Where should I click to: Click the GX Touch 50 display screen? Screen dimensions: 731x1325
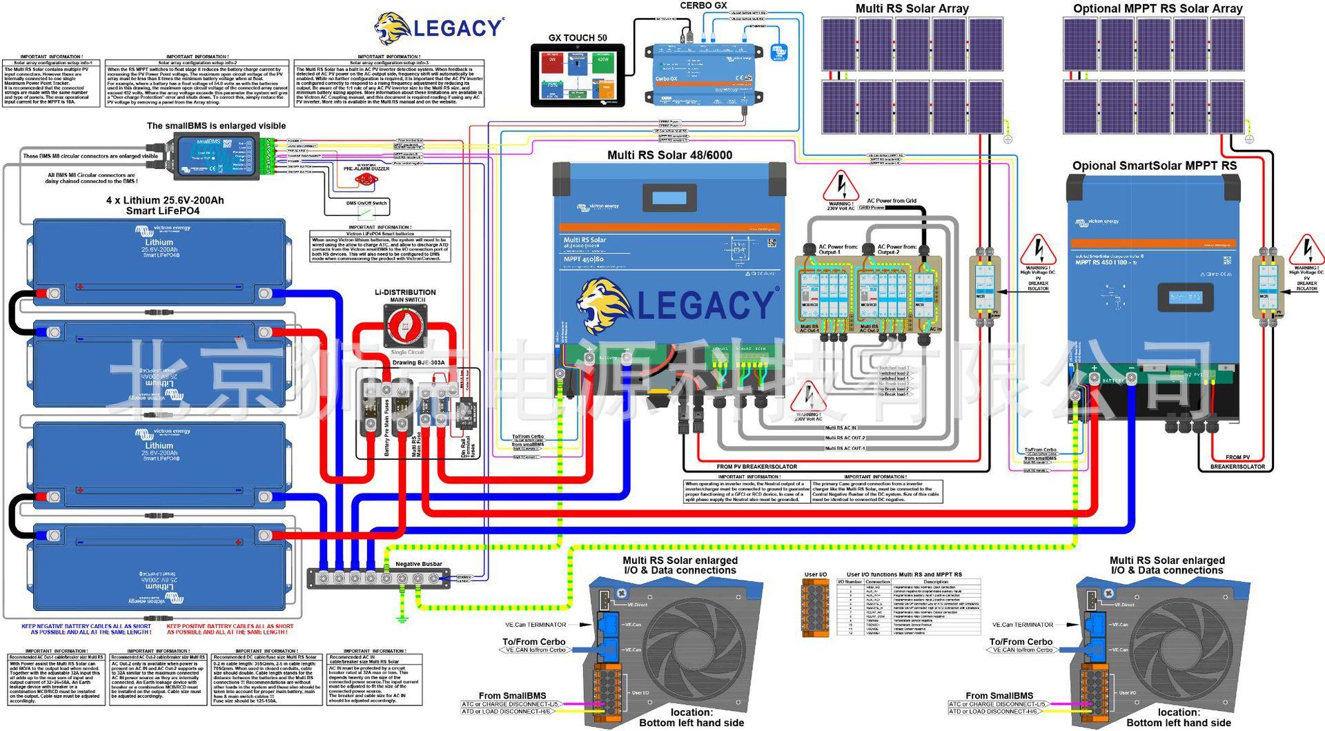point(577,75)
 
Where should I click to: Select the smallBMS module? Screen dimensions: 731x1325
point(215,156)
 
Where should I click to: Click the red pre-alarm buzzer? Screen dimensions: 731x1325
point(363,179)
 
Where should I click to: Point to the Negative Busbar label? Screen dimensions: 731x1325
point(418,564)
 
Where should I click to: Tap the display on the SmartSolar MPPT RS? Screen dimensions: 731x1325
point(1186,298)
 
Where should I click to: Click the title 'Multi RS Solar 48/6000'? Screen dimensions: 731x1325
point(669,155)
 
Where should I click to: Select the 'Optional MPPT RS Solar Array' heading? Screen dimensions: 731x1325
point(1157,9)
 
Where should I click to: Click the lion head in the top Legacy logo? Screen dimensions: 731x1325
point(393,29)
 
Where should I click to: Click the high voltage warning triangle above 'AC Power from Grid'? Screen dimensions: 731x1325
point(841,186)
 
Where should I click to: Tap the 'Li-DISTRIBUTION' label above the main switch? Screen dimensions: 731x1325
point(405,292)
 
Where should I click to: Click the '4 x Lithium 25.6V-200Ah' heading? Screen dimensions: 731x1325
point(164,200)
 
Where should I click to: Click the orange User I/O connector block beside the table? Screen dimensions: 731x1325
point(815,607)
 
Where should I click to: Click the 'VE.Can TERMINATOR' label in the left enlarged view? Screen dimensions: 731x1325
point(536,625)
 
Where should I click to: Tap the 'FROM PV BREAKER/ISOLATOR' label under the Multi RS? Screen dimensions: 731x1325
point(756,467)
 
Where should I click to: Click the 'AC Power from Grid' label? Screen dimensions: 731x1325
point(891,201)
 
